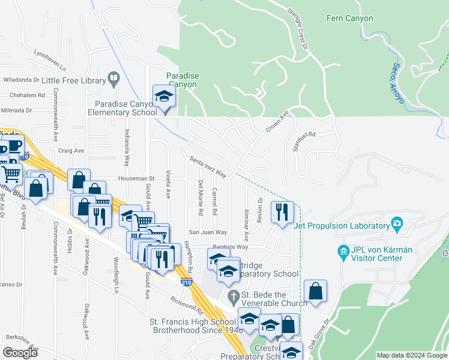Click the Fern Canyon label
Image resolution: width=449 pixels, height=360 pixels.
tap(349, 19)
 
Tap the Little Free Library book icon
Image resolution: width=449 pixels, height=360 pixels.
tap(113, 79)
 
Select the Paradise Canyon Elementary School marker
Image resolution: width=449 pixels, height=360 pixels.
tap(163, 97)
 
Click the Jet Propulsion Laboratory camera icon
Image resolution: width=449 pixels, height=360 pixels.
tap(396, 225)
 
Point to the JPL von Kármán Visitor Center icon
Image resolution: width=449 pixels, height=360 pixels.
tap(343, 250)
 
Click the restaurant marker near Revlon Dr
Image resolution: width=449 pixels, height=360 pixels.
tap(282, 212)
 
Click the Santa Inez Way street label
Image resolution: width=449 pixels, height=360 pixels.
tap(208, 167)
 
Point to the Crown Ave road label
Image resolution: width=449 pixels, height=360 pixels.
tap(278, 121)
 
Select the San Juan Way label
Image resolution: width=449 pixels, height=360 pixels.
tap(208, 232)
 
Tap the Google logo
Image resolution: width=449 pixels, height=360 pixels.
tap(20, 353)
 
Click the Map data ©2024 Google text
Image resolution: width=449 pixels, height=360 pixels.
tap(411, 355)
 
